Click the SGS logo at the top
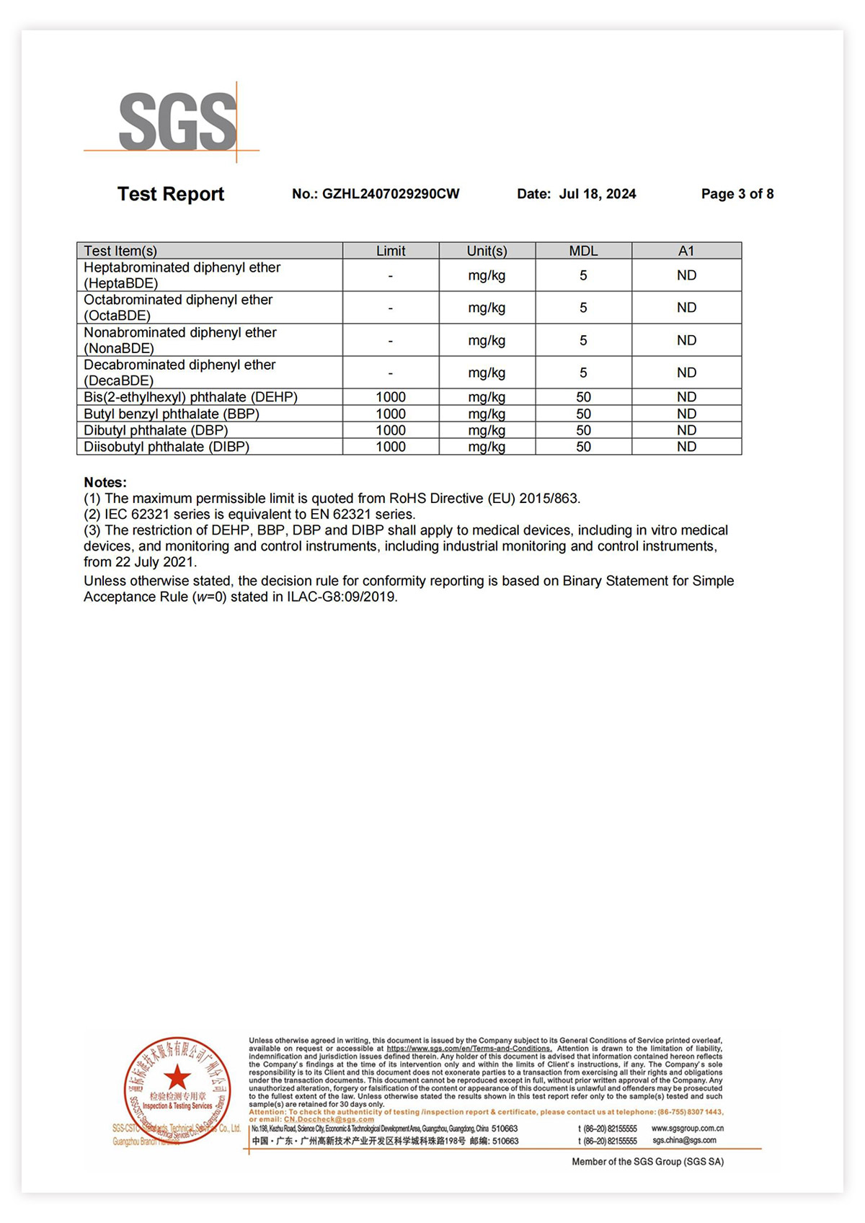coord(177,122)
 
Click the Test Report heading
coord(171,194)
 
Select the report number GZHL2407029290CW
coord(390,194)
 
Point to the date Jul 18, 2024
coord(598,194)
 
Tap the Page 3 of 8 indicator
coord(737,194)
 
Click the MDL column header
coord(583,251)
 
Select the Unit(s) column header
coord(487,251)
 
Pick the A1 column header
coord(686,251)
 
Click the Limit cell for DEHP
coord(391,397)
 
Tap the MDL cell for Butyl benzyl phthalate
coord(583,414)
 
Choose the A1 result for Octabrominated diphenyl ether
coord(686,308)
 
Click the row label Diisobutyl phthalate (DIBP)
coord(167,447)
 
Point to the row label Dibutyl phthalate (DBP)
coord(156,430)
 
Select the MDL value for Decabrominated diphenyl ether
coord(583,373)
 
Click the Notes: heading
coord(105,482)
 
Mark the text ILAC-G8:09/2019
coord(342,597)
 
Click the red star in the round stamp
coord(177,1078)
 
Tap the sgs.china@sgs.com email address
coord(684,1140)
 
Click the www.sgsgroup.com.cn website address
coord(687,1128)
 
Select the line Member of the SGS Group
coord(647,1161)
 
